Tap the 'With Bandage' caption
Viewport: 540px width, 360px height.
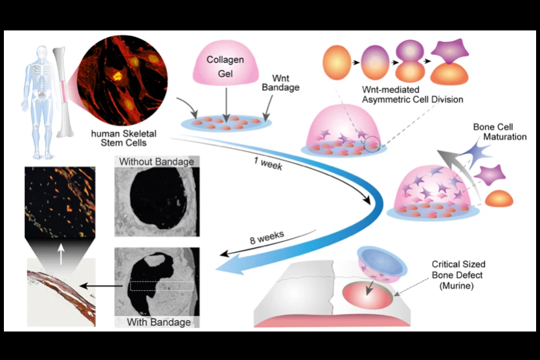[x=158, y=322]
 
